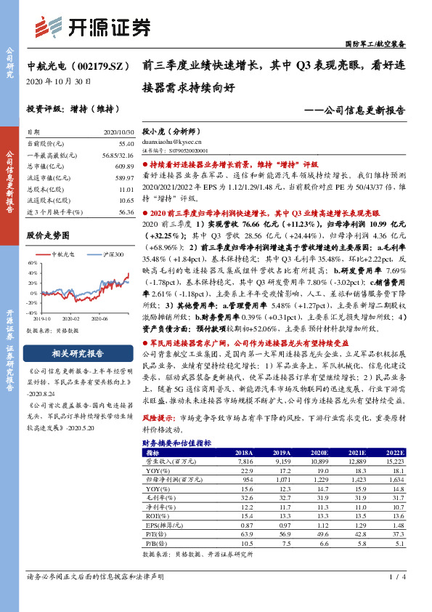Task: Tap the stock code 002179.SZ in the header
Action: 94,65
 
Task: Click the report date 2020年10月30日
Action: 58,81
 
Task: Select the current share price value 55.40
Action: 125,144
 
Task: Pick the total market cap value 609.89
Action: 124,166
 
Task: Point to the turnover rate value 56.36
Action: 125,211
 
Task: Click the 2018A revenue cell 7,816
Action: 243,462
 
